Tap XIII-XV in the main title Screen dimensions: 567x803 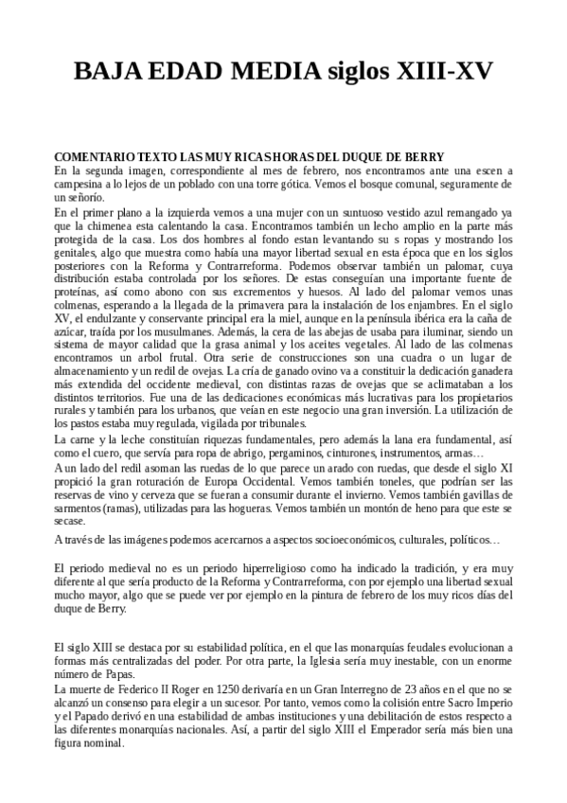[449, 73]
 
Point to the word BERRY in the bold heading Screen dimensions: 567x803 [437, 156]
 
